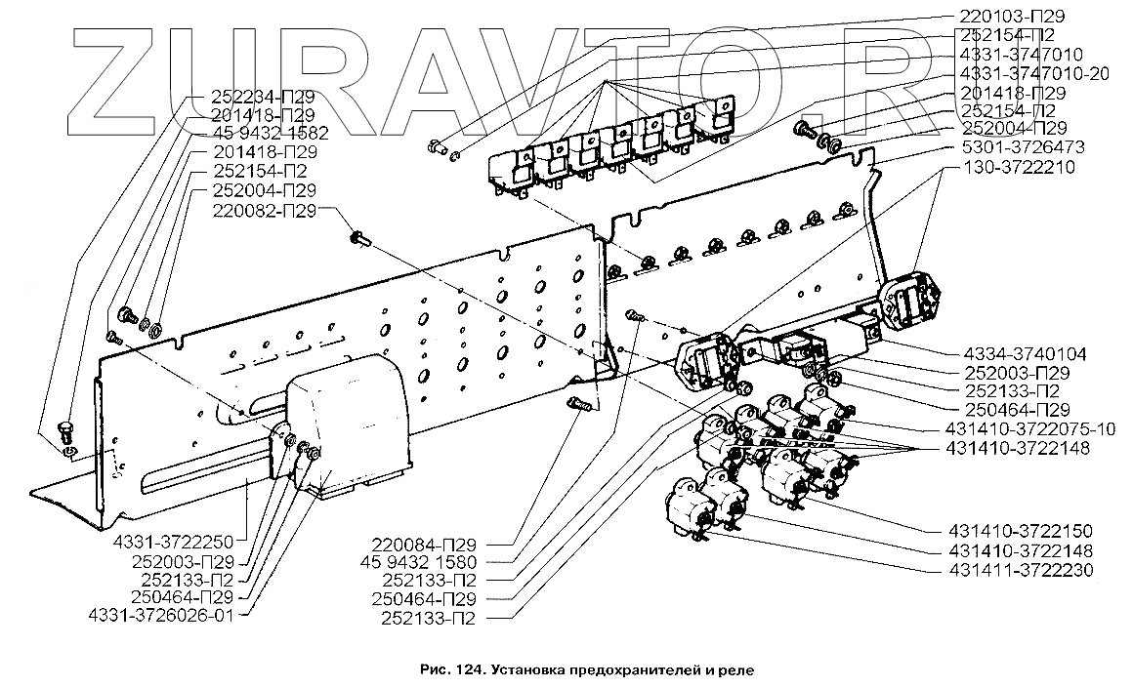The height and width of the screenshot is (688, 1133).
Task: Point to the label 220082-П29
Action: coord(265,209)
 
